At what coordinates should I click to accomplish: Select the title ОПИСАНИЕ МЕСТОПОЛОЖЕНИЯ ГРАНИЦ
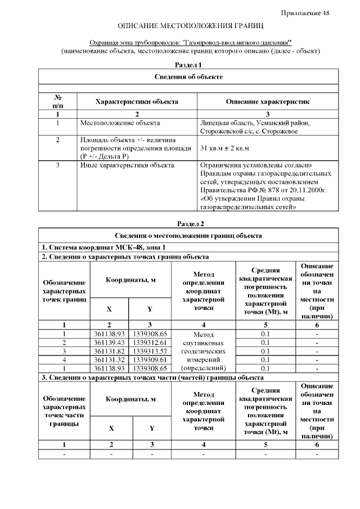click(x=190, y=26)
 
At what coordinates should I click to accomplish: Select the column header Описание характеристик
click(x=267, y=102)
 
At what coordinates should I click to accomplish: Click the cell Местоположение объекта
click(x=120, y=123)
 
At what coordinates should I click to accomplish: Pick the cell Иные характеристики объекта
click(x=127, y=165)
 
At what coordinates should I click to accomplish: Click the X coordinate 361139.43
click(x=109, y=343)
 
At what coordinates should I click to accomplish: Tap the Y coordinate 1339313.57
click(x=150, y=351)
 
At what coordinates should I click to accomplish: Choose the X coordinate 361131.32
click(x=109, y=359)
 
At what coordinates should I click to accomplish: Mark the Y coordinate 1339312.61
click(x=150, y=343)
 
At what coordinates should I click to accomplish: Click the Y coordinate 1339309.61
click(x=150, y=359)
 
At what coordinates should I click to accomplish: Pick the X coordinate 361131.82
click(x=109, y=351)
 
